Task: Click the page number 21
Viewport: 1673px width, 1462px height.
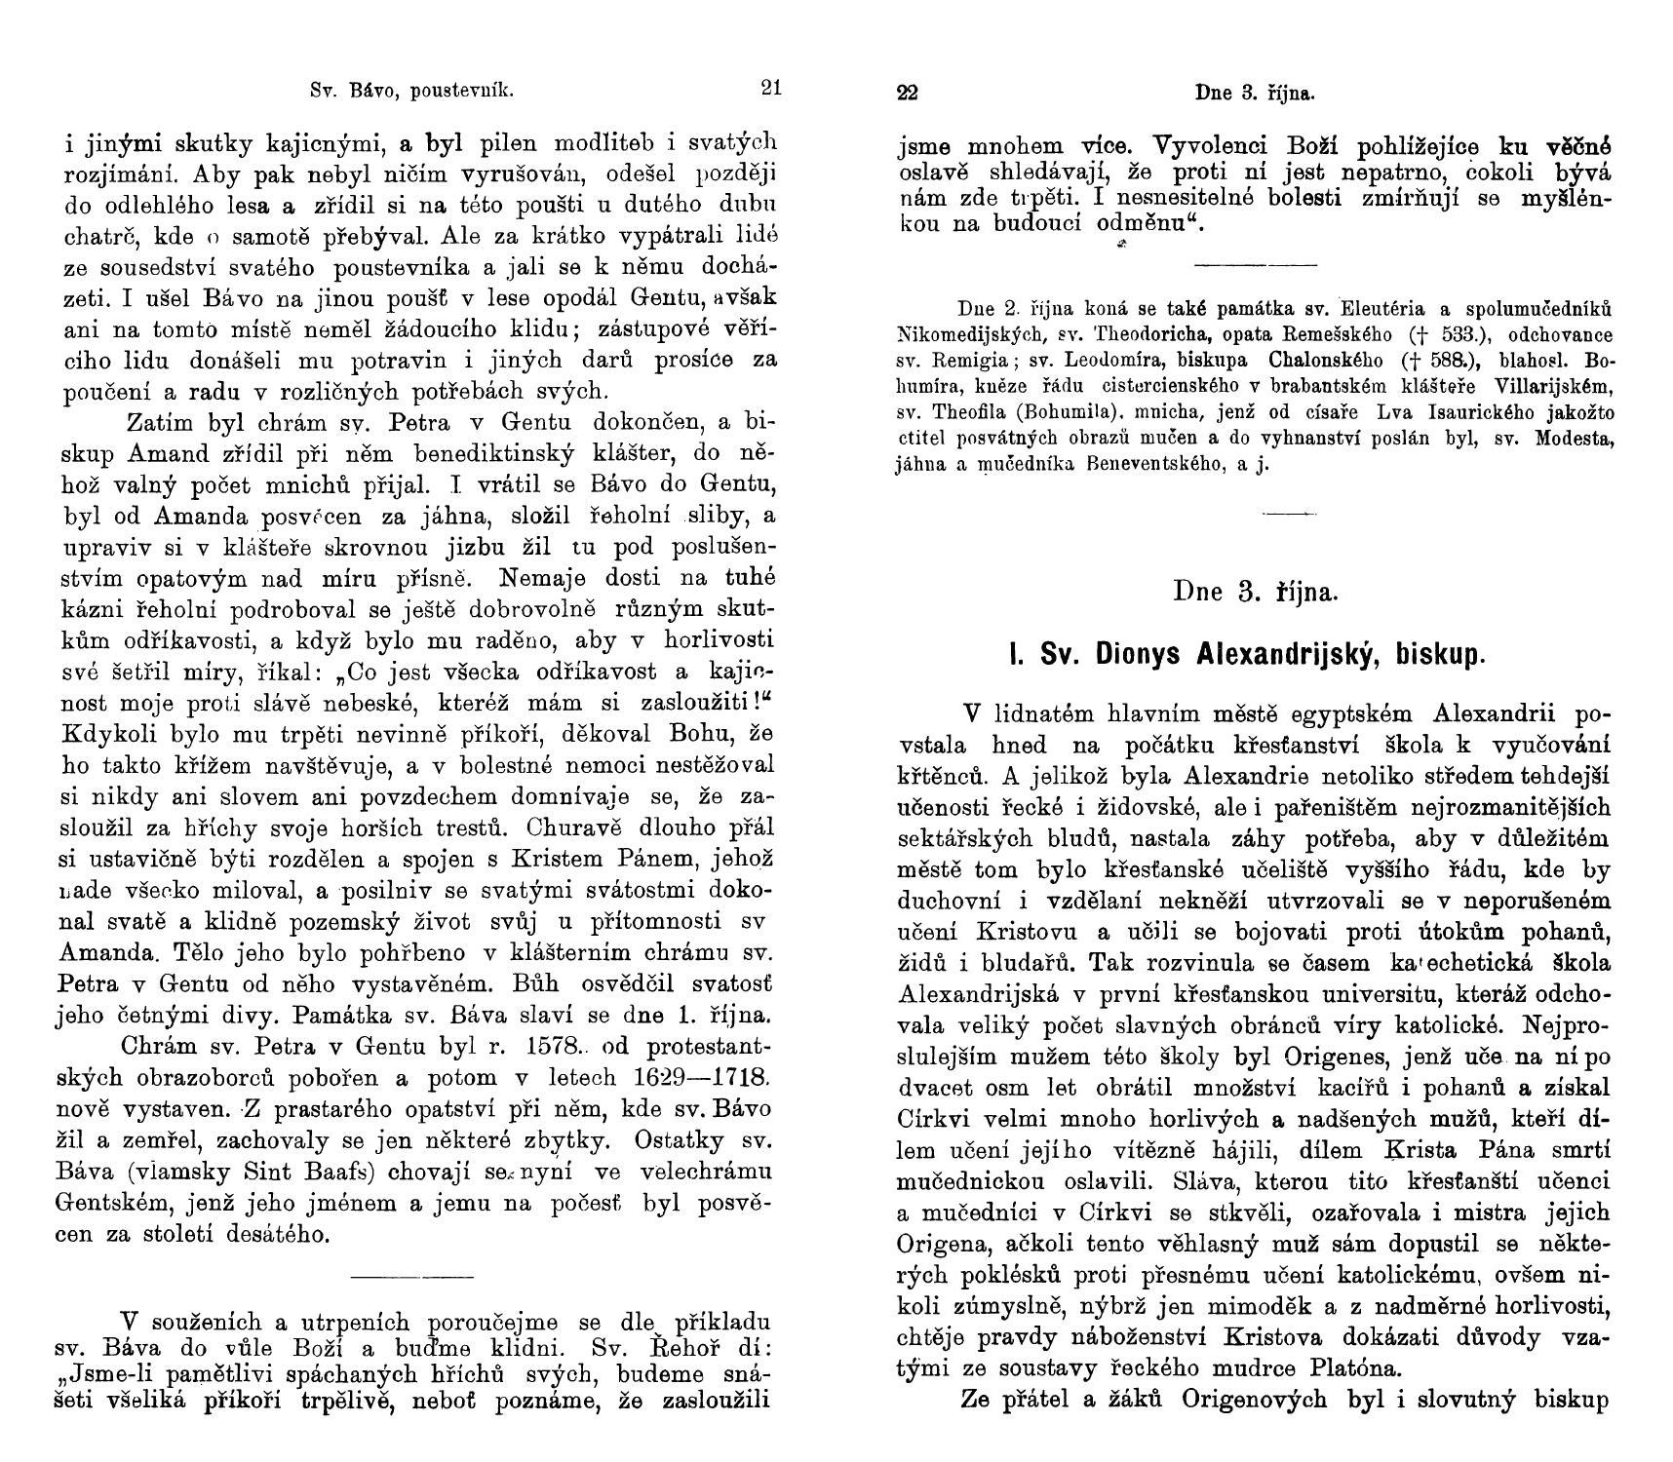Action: point(770,89)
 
